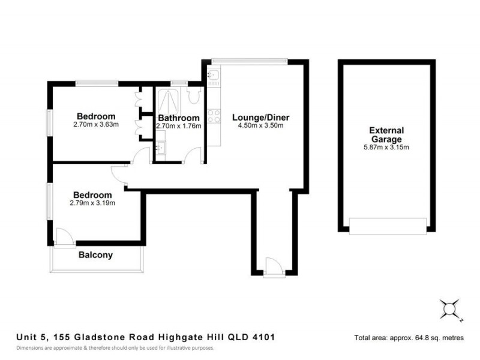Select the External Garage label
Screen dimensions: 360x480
pyautogui.click(x=386, y=134)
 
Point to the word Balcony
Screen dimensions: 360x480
pyautogui.click(x=95, y=255)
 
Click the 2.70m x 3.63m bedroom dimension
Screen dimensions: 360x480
pyautogui.click(x=96, y=125)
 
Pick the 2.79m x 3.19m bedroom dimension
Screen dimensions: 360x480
pyautogui.click(x=92, y=203)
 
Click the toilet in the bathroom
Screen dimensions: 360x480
pyautogui.click(x=193, y=96)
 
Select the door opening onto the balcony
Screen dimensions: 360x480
pyautogui.click(x=63, y=236)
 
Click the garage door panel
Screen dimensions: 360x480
pyautogui.click(x=388, y=226)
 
